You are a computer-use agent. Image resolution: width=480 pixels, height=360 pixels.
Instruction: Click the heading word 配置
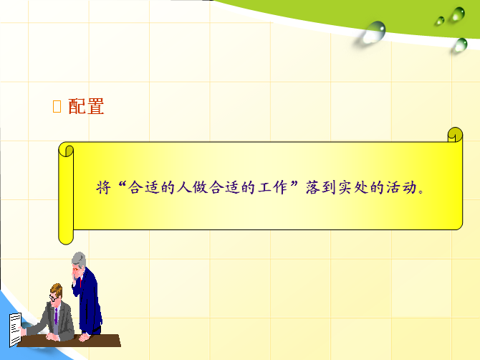(86, 106)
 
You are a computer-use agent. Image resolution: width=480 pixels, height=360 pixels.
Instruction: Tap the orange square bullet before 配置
(57, 107)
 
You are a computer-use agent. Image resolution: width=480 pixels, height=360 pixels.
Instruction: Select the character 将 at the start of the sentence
(103, 187)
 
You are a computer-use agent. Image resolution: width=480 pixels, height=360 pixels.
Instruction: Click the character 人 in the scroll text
(184, 187)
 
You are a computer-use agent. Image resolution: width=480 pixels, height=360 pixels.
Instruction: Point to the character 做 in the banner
(200, 187)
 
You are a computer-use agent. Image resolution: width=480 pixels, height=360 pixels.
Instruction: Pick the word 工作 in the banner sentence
(272, 187)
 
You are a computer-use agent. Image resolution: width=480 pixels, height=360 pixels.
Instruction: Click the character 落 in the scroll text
(313, 187)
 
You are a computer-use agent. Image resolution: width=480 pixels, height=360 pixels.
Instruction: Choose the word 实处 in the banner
(353, 187)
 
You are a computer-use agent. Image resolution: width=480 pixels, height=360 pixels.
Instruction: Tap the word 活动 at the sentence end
(401, 187)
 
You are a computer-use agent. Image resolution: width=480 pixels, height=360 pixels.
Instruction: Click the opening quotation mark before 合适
(122, 184)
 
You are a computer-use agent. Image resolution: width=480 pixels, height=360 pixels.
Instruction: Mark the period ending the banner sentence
(421, 191)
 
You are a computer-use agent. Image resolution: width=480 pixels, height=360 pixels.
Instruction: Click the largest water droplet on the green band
(373, 32)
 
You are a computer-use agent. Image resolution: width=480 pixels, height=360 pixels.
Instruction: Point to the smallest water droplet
(440, 21)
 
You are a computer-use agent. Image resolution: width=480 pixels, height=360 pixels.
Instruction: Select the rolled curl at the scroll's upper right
(455, 135)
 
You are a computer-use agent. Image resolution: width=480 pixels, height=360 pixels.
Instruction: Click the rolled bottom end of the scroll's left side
(66, 237)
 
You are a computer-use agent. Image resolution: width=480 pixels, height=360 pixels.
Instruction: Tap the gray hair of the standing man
(78, 259)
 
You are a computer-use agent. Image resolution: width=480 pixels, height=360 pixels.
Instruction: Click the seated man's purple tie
(56, 316)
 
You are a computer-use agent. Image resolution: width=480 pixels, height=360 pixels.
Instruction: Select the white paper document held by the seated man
(15, 330)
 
